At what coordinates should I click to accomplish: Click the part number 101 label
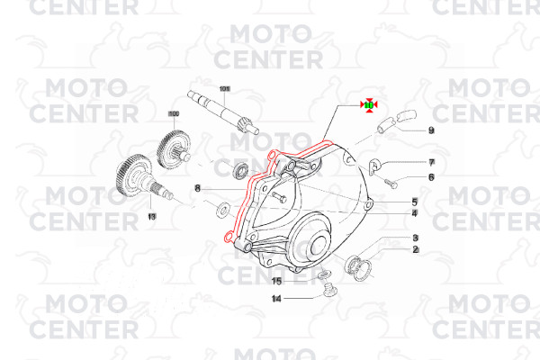pyautogui.click(x=225, y=89)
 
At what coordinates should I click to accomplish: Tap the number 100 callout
pyautogui.click(x=174, y=114)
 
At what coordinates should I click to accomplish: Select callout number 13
pyautogui.click(x=150, y=217)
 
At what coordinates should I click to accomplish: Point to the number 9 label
pyautogui.click(x=431, y=130)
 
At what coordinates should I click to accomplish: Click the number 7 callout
pyautogui.click(x=431, y=162)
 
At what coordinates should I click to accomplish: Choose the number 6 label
pyautogui.click(x=431, y=177)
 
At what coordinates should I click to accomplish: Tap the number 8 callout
pyautogui.click(x=197, y=189)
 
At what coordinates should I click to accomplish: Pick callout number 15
pyautogui.click(x=278, y=281)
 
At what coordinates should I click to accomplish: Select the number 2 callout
pyautogui.click(x=415, y=249)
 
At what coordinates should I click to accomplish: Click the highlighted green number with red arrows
pyautogui.click(x=369, y=105)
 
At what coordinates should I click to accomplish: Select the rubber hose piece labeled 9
pyautogui.click(x=394, y=121)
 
